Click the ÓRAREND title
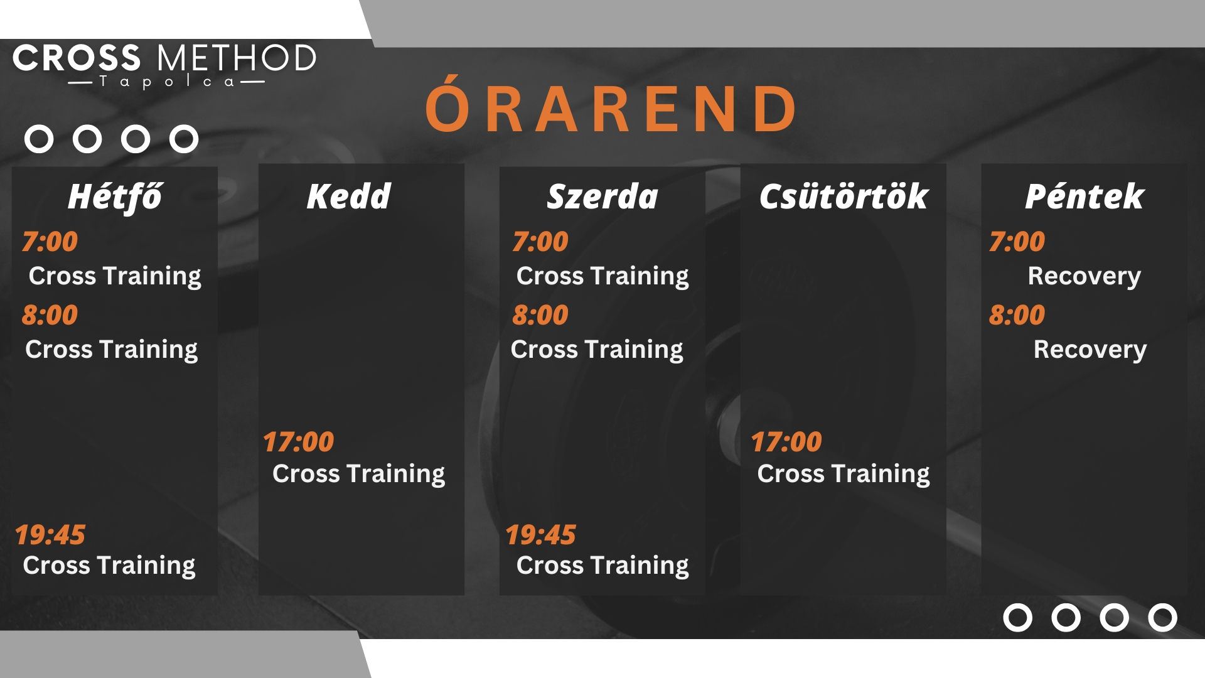(x=611, y=105)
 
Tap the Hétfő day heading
(x=115, y=197)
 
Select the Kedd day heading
(x=349, y=196)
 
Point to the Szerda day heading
(x=602, y=196)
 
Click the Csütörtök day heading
(x=843, y=196)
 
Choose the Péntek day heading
(x=1084, y=196)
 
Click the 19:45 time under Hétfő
(x=50, y=535)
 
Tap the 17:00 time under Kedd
(x=299, y=442)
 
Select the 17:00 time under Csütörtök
(x=786, y=442)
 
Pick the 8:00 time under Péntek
(x=1017, y=315)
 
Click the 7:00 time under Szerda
(x=540, y=242)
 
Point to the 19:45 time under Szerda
(x=541, y=535)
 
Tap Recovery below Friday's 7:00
(x=1084, y=276)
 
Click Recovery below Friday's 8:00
(x=1090, y=350)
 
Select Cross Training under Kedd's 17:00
(x=359, y=474)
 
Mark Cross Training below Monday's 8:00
(x=112, y=350)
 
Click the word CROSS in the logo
(x=77, y=58)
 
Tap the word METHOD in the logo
(x=237, y=58)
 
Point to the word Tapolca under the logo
(x=167, y=82)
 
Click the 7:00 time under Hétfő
(x=50, y=242)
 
